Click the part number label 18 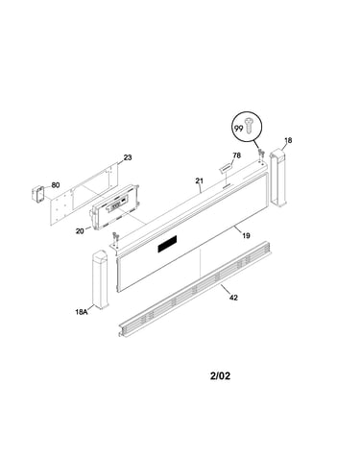click(288, 140)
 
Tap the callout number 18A click(82, 311)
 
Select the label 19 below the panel click(246, 236)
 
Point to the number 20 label click(80, 230)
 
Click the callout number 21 click(200, 180)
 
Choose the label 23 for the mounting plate click(128, 157)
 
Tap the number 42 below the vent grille click(234, 298)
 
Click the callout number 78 click(237, 156)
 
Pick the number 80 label click(56, 185)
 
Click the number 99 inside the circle click(239, 129)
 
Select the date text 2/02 click(220, 375)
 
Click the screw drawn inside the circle click(249, 125)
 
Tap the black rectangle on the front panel click(167, 244)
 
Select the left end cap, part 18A click(101, 279)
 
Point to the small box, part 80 click(38, 194)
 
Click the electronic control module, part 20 click(115, 207)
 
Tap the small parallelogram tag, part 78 click(226, 168)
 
